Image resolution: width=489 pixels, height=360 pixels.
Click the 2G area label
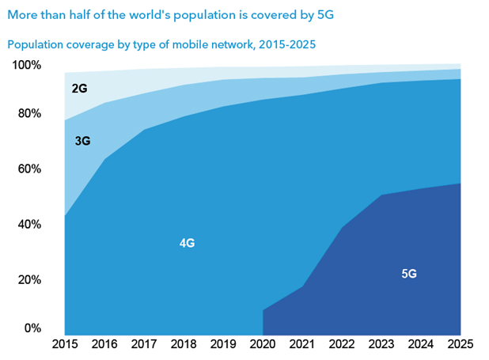[79, 89]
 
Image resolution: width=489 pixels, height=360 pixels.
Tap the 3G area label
[82, 141]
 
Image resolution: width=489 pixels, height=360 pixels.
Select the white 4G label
[187, 243]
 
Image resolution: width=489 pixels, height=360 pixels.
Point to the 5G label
[408, 274]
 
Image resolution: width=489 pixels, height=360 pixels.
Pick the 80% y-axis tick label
[29, 113]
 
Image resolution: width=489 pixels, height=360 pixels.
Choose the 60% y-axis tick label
[29, 169]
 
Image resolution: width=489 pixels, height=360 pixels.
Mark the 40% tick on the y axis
[29, 224]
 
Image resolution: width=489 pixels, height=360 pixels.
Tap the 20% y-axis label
[29, 279]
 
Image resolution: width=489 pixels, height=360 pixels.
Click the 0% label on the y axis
[32, 328]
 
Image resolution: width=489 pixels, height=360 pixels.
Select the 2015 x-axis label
[66, 345]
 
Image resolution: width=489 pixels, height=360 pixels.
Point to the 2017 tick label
[145, 345]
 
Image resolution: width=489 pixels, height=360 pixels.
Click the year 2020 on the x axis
[263, 345]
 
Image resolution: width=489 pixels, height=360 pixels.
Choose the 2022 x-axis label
[342, 345]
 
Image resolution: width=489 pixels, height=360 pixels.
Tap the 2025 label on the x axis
[460, 345]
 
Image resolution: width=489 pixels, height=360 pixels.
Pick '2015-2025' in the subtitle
[287, 45]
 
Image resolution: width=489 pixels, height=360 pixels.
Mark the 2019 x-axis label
[223, 345]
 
